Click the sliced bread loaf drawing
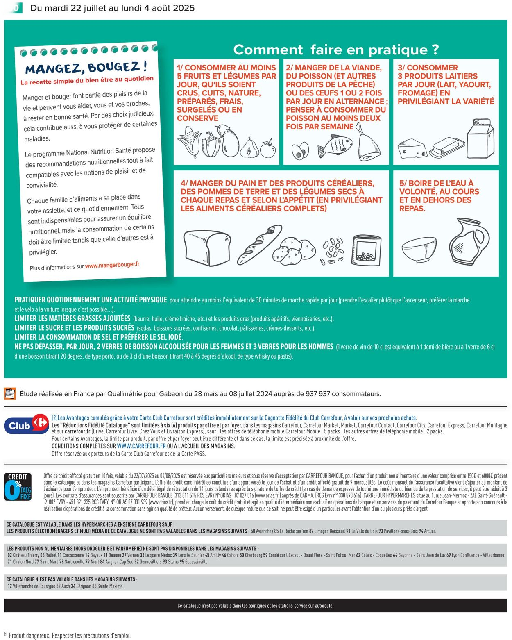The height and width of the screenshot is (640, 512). coord(203,248)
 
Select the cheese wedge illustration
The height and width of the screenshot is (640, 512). coord(412,149)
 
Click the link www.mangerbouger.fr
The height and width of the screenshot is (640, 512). coord(112,265)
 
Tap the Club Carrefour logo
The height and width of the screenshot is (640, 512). coord(27,424)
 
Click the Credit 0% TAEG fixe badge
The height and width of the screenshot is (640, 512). coord(18,487)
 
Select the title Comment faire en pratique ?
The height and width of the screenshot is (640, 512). coord(335,50)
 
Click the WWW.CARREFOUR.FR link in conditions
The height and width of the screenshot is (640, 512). coord(141,446)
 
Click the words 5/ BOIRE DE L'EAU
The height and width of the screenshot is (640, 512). coord(436,183)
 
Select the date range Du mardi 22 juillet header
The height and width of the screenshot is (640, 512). coord(113,8)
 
